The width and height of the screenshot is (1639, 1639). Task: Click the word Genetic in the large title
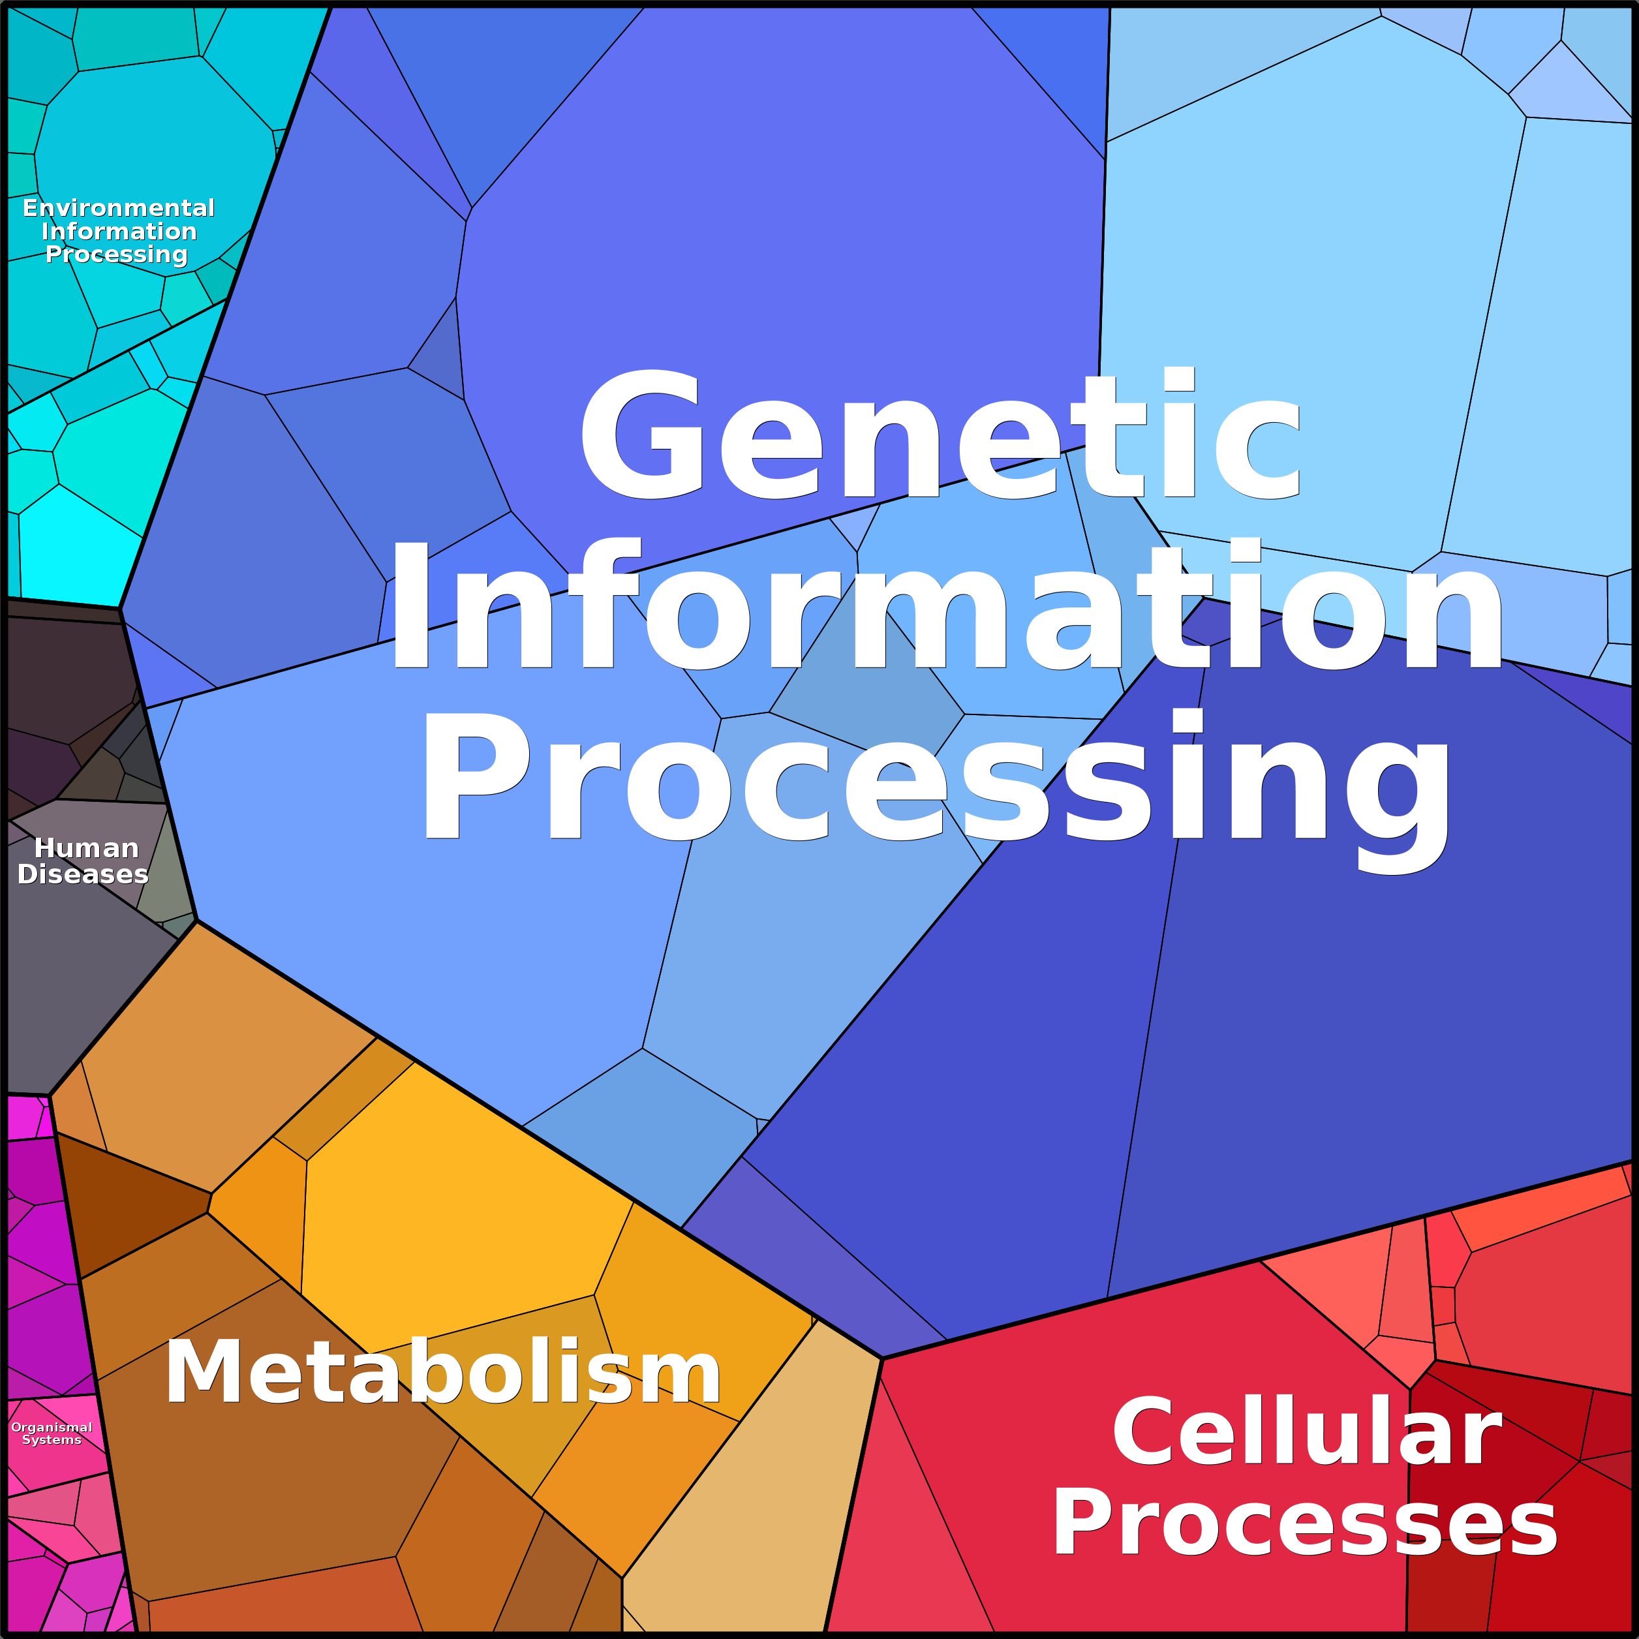point(940,437)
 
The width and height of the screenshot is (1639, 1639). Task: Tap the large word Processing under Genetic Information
point(936,779)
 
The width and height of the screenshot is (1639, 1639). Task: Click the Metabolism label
point(443,1373)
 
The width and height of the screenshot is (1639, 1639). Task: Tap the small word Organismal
point(52,1427)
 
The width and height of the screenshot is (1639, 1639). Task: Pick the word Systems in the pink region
point(52,1439)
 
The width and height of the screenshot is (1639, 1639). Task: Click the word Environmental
point(119,208)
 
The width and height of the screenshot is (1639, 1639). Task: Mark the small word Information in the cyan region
point(119,231)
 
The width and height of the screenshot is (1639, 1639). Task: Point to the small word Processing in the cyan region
point(116,254)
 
